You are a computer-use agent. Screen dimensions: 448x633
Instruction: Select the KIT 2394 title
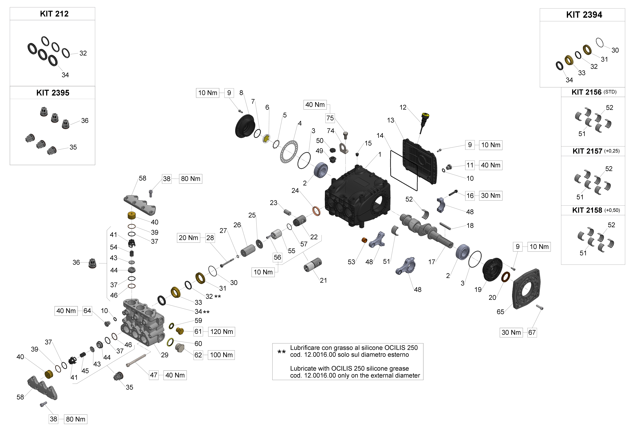pos(584,15)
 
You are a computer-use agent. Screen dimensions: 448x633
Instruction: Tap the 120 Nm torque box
pos(221,332)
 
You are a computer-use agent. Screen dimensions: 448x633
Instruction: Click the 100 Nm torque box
pos(221,355)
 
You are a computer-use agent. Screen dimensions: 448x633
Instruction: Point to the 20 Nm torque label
pos(188,238)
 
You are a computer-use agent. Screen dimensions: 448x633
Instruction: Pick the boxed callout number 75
pos(330,118)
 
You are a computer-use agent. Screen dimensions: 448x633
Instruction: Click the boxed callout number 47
pos(154,375)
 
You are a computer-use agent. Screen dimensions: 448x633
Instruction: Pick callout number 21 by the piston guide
pos(323,281)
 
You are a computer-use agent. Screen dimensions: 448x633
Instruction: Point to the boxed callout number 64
pos(87,311)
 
